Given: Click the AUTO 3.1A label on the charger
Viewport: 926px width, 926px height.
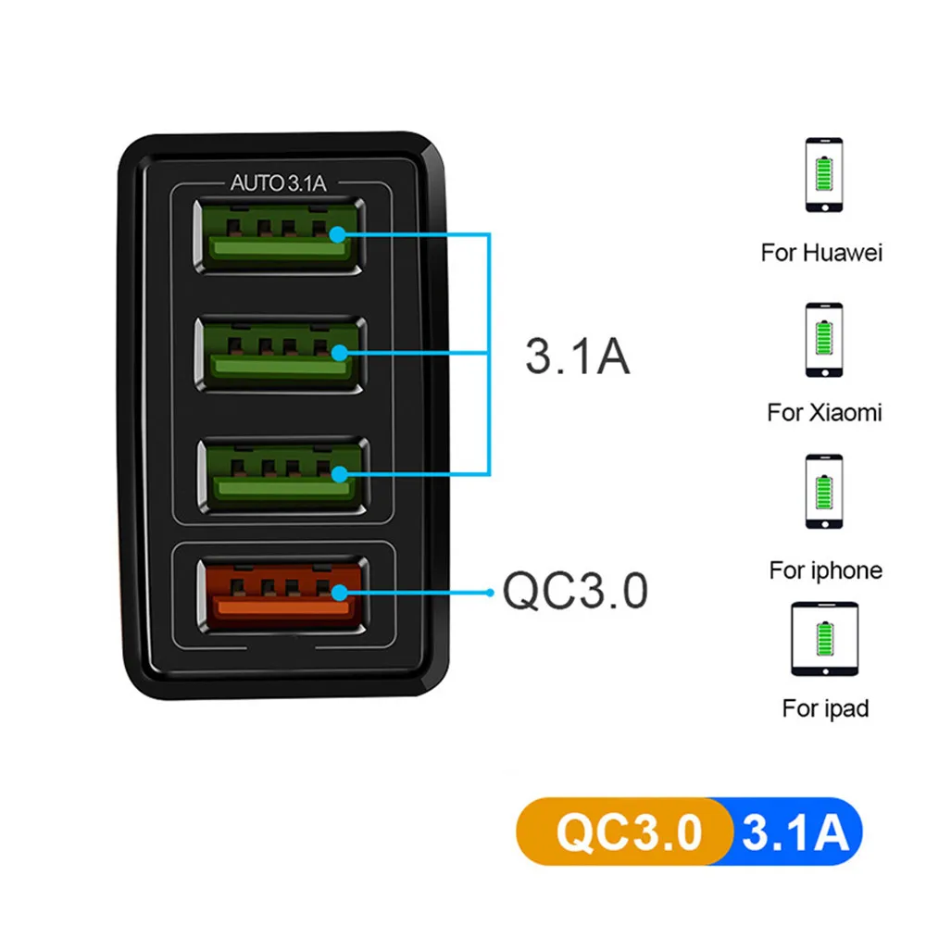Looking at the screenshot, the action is point(278,183).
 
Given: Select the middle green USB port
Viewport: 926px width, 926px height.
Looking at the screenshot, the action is point(278,354).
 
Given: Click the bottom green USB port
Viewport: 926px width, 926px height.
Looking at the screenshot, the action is point(278,472).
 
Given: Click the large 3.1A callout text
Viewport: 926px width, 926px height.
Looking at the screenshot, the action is point(577,356).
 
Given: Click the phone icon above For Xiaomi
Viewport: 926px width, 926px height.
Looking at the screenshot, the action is point(823,339).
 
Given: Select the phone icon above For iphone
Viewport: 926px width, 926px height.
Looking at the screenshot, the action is point(823,492).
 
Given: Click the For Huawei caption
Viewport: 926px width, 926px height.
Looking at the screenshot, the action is point(821,252).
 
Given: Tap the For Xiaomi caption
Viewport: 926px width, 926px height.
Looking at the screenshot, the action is point(824,412).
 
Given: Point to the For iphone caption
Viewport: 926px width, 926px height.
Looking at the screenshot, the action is point(825,569).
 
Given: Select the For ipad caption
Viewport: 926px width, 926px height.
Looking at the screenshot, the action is point(825,709).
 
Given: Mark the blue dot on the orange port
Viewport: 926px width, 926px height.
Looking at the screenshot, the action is point(342,592).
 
